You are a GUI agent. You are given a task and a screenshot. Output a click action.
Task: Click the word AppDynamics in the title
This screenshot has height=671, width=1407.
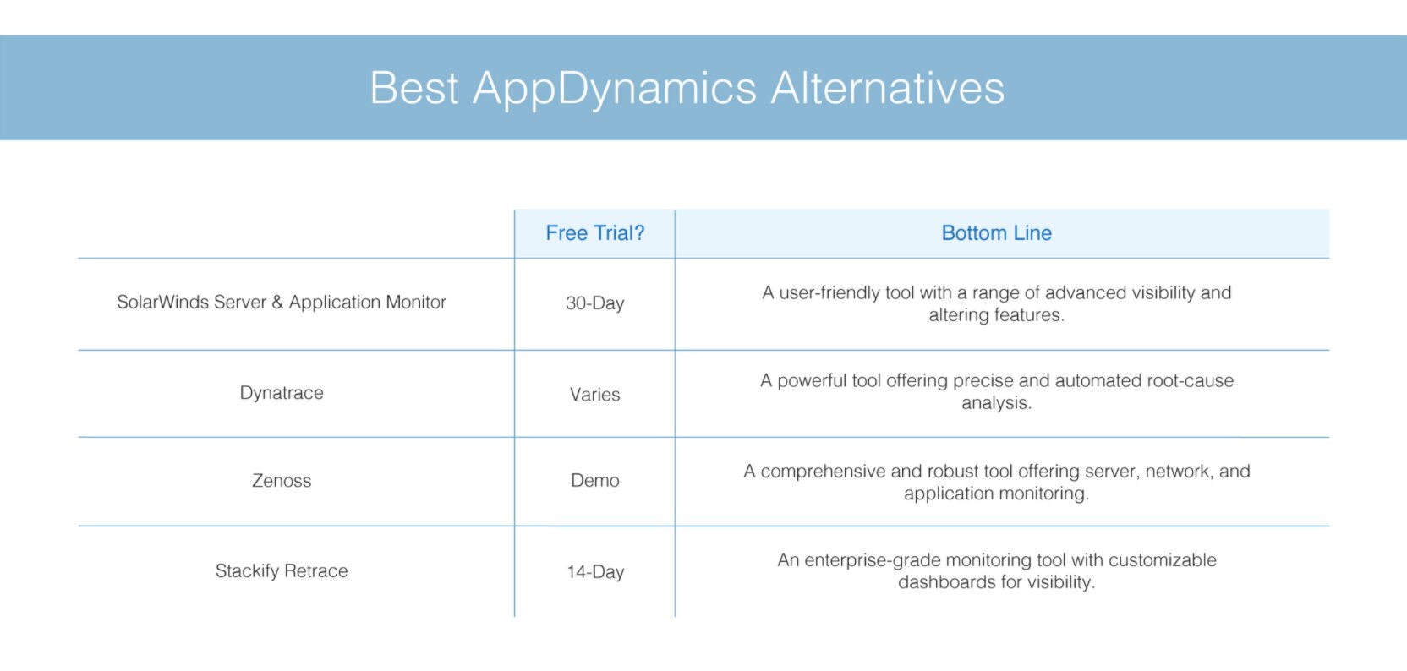coord(615,89)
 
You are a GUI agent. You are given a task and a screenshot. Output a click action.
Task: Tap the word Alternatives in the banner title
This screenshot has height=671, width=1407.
coord(888,88)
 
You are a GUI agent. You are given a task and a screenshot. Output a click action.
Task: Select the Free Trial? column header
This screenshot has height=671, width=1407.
coord(594,233)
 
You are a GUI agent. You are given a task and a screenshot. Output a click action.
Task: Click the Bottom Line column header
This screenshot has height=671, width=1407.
coord(996,233)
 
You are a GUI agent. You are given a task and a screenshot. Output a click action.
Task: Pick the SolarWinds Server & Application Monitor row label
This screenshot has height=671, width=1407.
coord(282,302)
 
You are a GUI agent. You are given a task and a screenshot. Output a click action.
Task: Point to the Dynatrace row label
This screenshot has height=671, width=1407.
coord(282,393)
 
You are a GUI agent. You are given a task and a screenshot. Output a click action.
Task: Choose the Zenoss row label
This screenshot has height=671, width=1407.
coord(282,480)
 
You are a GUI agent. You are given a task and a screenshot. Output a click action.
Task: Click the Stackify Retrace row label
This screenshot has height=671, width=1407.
coord(282,570)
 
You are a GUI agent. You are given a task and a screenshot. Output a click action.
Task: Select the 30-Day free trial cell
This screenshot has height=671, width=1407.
coord(594,303)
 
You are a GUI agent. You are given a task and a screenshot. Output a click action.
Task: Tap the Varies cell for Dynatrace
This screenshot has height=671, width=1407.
coord(594,394)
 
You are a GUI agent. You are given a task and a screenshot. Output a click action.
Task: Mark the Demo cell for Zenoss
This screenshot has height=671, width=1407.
coord(594,480)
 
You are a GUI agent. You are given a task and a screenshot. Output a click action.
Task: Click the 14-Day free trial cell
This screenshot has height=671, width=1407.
coord(594,572)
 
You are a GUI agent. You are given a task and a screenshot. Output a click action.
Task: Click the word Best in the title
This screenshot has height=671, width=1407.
coord(414,88)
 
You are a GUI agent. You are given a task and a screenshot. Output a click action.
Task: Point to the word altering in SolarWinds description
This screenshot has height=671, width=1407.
coord(956,315)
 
